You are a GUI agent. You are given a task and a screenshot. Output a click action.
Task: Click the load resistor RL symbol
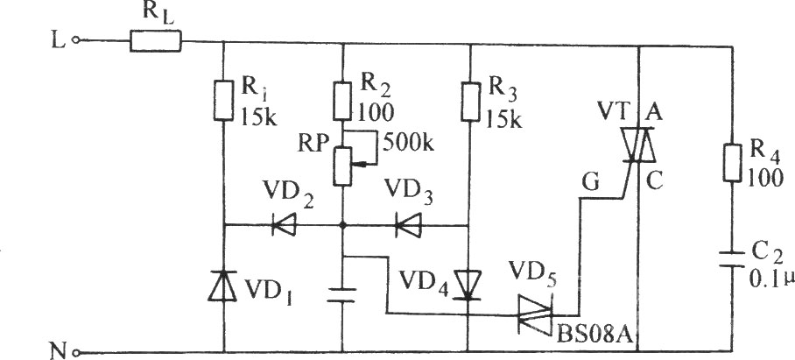pyautogui.click(x=155, y=41)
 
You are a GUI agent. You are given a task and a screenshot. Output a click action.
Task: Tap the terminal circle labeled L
pyautogui.click(x=76, y=40)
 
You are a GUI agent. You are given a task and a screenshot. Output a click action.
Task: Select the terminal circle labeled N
pyautogui.click(x=76, y=352)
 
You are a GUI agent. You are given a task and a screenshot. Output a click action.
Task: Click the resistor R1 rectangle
pyautogui.click(x=223, y=100)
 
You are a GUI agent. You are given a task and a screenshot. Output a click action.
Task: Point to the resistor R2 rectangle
pyautogui.click(x=342, y=101)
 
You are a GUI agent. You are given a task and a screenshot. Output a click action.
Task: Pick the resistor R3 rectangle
pyautogui.click(x=471, y=101)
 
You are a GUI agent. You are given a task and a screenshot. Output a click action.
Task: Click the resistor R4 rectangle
pyautogui.click(x=733, y=162)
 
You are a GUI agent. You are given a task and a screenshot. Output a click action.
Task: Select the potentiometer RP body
pyautogui.click(x=342, y=166)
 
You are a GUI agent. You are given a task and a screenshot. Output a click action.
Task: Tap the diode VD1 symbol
pyautogui.click(x=223, y=286)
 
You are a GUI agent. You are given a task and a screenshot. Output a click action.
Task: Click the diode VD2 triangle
pyautogui.click(x=284, y=224)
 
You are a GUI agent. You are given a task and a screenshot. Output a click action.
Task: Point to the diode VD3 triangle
pyautogui.click(x=408, y=225)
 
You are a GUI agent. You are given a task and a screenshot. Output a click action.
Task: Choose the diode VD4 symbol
pyautogui.click(x=468, y=286)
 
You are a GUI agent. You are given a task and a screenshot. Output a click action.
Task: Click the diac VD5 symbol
pyautogui.click(x=535, y=314)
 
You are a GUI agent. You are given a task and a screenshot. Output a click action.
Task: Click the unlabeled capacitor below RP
pyautogui.click(x=342, y=295)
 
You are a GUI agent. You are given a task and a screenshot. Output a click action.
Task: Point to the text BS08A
pyautogui.click(x=594, y=334)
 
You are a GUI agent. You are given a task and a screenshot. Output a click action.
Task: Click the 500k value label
pyautogui.click(x=408, y=145)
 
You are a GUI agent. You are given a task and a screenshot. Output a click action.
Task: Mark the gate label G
pyautogui.click(x=591, y=182)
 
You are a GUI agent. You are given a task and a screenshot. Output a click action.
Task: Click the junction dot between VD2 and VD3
pyautogui.click(x=343, y=225)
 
